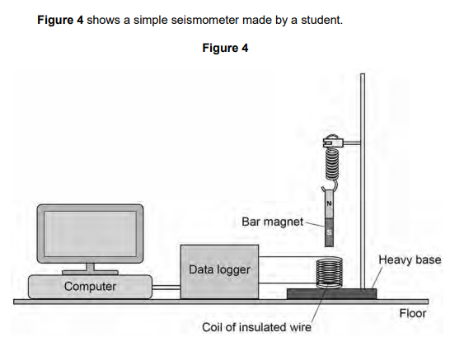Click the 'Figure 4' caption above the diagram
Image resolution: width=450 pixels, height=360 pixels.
point(224,48)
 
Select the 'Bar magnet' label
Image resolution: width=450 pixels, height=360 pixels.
point(272,222)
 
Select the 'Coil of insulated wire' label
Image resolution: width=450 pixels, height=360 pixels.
point(256,328)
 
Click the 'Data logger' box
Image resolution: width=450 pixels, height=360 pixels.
point(221,269)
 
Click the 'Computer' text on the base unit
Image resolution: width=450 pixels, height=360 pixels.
point(91,287)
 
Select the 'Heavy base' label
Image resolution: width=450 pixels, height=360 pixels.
point(410,260)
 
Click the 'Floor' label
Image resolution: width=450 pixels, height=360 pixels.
point(412,313)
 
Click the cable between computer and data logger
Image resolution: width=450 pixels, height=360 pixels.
point(167,288)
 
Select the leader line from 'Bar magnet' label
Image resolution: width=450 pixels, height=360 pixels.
point(314,222)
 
